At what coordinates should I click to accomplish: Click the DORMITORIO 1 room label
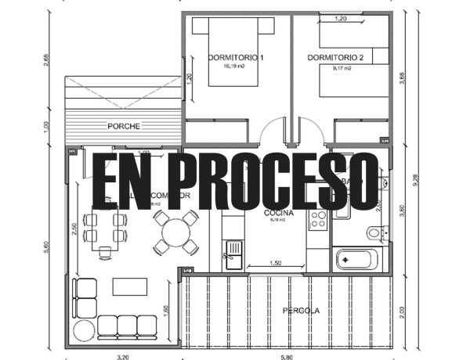[x=236, y=58]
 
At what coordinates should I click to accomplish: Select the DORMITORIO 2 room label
[x=336, y=58]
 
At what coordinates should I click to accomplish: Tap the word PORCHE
[x=125, y=126]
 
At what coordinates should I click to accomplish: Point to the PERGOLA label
[x=301, y=311]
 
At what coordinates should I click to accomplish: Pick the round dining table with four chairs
[x=176, y=232]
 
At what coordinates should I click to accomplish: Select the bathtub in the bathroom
[x=356, y=259]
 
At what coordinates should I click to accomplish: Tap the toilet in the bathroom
[x=375, y=232]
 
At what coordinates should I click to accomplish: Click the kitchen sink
[x=233, y=250]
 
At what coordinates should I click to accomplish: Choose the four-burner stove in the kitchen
[x=318, y=220]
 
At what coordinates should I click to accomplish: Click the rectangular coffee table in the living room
[x=129, y=286]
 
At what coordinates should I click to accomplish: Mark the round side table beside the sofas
[x=83, y=331]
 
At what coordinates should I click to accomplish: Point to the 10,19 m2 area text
[x=234, y=68]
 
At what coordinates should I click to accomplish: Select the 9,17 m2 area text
[x=341, y=68]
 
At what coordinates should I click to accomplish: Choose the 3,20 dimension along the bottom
[x=123, y=357]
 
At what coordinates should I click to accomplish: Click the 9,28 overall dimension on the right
[x=425, y=181]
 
